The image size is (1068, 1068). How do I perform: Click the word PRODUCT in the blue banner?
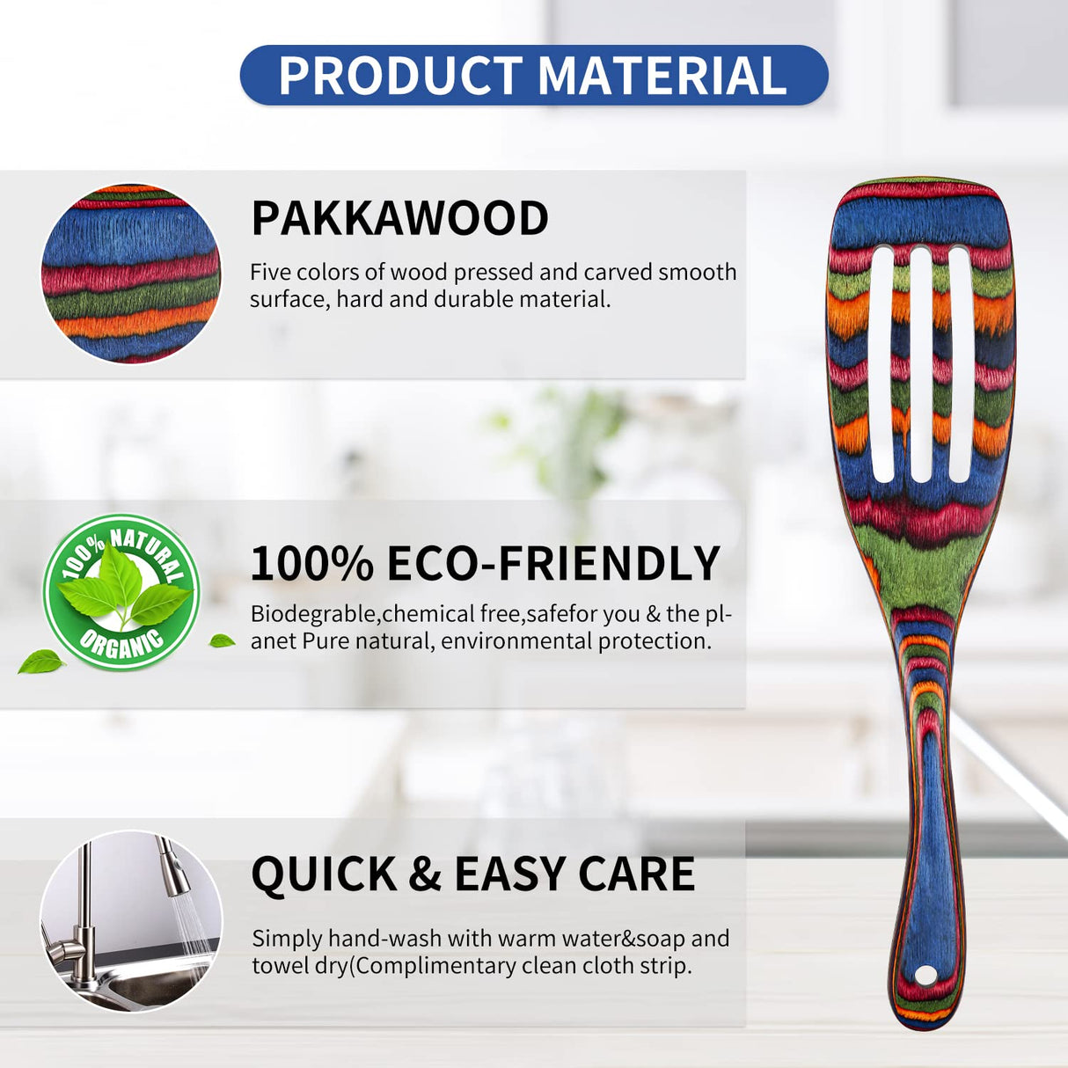(400, 77)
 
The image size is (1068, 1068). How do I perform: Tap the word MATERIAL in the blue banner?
(662, 77)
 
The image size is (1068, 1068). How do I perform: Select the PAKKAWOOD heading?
(399, 218)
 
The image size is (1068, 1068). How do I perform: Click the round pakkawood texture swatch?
(131, 274)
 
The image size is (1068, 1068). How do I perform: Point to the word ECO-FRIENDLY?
(553, 564)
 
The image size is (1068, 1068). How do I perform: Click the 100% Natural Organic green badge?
(121, 592)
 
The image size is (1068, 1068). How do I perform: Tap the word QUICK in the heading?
(324, 874)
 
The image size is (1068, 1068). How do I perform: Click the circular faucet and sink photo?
(131, 921)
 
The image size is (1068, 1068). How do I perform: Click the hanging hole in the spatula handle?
(925, 976)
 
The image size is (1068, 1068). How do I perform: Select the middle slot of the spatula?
(921, 363)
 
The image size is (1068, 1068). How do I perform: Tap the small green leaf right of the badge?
(222, 641)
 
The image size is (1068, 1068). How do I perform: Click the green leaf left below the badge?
(41, 662)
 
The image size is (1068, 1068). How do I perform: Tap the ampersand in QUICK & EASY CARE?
(425, 874)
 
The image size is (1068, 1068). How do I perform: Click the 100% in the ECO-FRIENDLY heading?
(312, 564)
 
